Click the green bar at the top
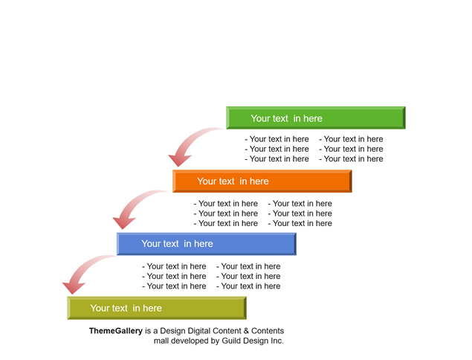point(316,118)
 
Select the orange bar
point(262,181)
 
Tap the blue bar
point(207,244)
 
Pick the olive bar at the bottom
point(157,308)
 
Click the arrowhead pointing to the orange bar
point(179,160)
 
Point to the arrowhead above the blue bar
point(123,223)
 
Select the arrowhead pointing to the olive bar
point(74,288)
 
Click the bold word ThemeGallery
point(116,331)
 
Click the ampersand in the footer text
point(246,331)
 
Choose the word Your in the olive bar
point(99,308)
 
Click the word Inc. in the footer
point(277,341)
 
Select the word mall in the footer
point(161,341)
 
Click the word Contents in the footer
point(268,331)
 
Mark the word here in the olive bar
point(152,308)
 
